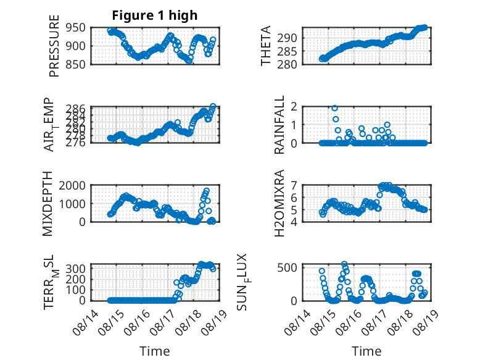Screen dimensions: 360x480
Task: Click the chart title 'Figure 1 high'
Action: tap(154, 15)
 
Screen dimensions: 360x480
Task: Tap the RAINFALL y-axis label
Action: tap(279, 125)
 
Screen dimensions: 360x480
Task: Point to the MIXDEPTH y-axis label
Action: tap(49, 204)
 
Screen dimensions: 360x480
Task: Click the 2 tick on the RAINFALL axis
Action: tap(295, 106)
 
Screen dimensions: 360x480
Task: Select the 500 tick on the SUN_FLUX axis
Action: tap(290, 267)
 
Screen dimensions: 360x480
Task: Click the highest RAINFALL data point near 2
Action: tap(334, 108)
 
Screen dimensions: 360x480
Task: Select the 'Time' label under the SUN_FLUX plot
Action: tap(366, 351)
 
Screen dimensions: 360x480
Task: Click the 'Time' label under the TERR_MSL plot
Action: tap(154, 351)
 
